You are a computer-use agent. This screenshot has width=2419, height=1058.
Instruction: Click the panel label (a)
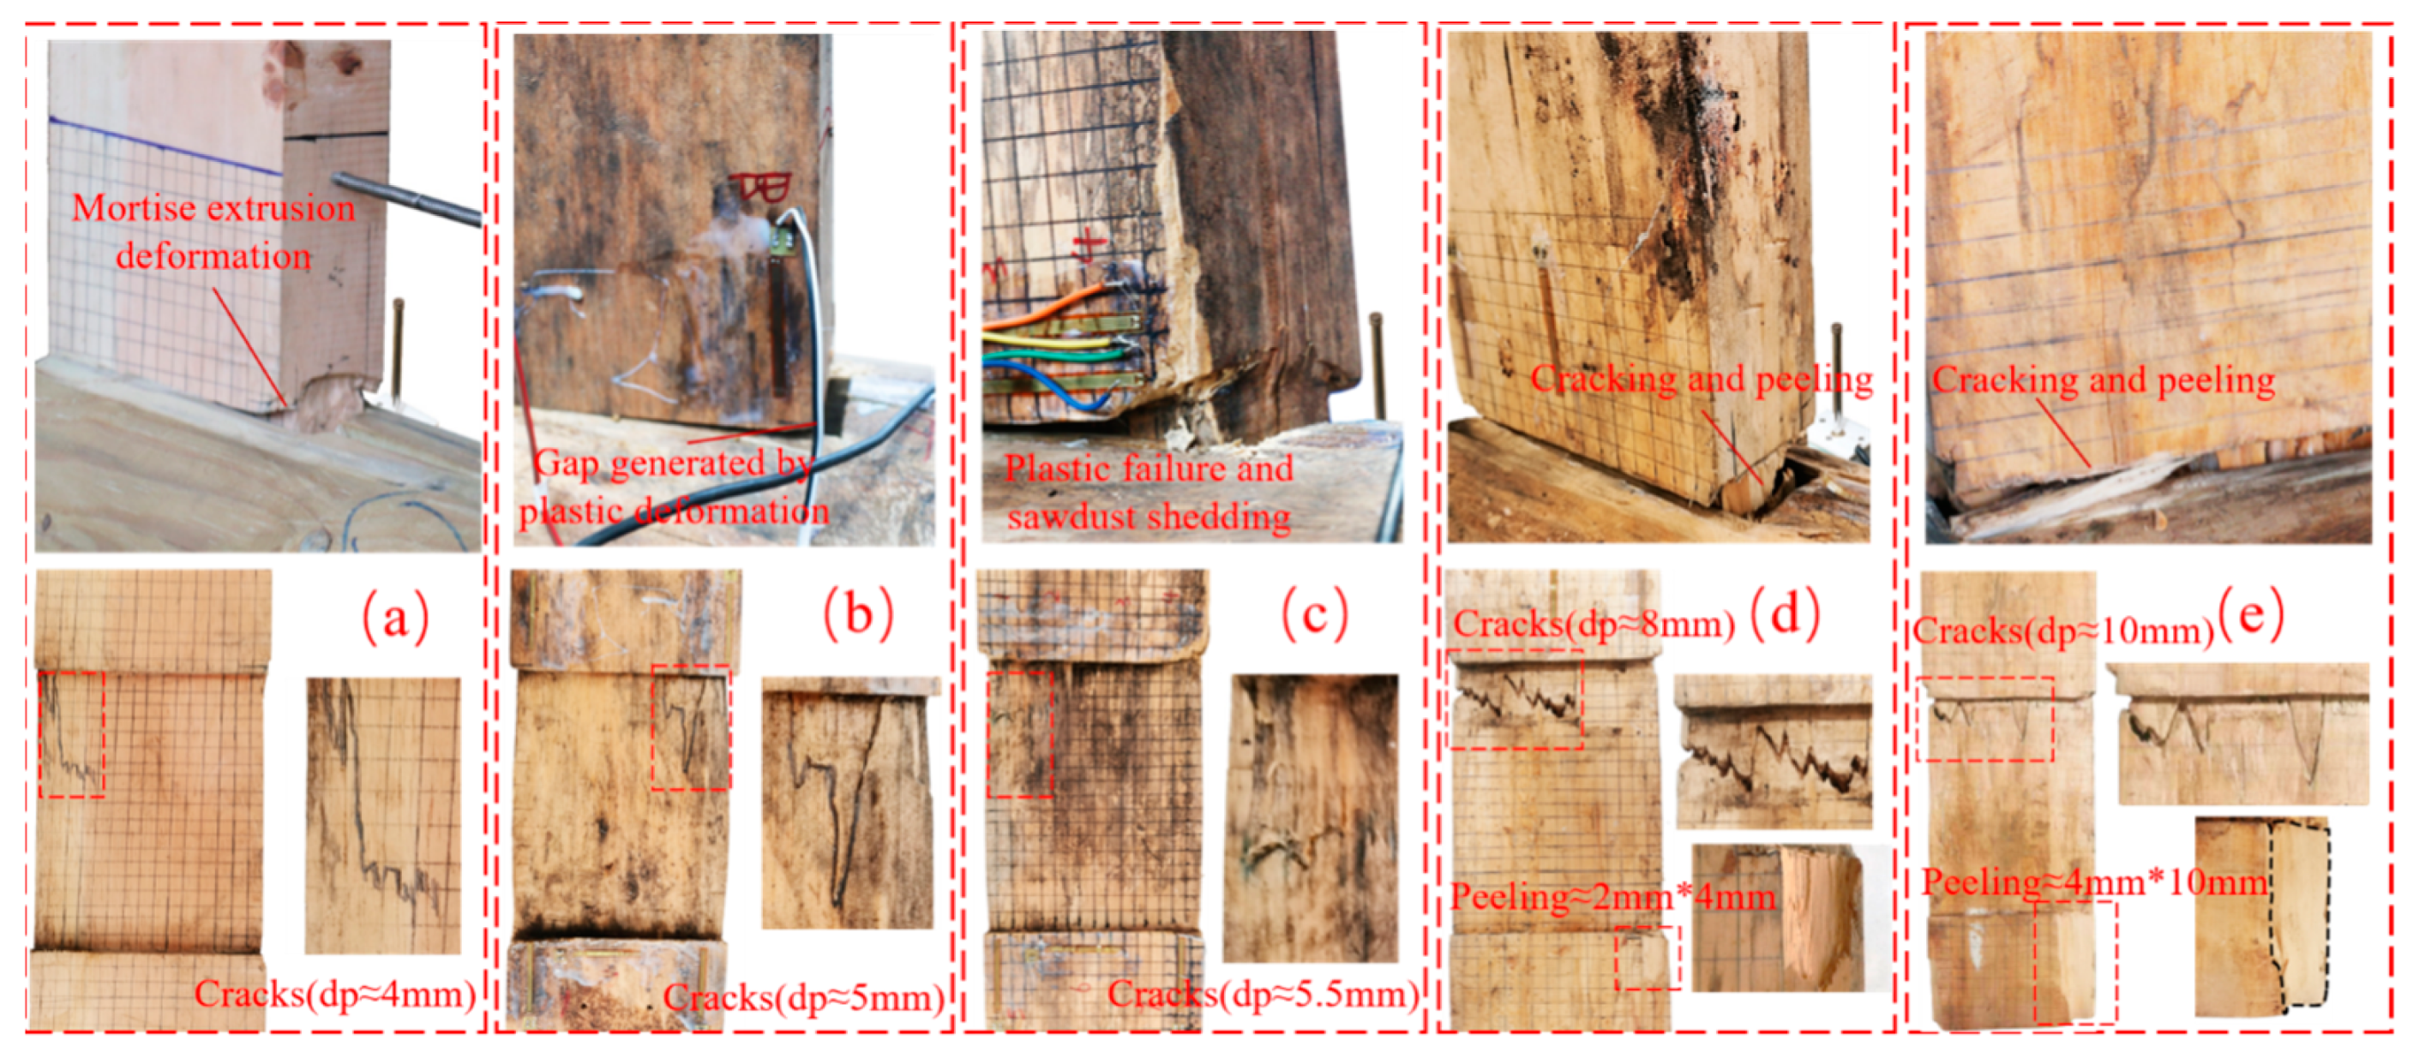tap(395, 617)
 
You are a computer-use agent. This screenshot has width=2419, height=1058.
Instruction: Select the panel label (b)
tap(857, 615)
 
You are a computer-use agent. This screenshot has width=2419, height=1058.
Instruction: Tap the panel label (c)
tap(1315, 615)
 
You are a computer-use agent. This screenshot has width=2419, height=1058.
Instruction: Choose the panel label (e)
tap(2251, 617)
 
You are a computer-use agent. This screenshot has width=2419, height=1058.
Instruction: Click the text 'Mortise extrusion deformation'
tap(214, 232)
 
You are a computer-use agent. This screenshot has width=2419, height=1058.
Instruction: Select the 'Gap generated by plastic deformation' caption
tap(672, 487)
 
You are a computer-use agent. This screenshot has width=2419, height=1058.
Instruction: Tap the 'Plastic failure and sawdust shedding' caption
tap(1149, 492)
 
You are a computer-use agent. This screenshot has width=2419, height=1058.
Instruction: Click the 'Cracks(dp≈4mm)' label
tap(335, 992)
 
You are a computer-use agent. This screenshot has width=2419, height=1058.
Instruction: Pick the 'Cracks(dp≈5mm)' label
tap(804, 996)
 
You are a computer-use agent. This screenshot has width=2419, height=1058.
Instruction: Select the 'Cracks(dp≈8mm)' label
tap(1594, 625)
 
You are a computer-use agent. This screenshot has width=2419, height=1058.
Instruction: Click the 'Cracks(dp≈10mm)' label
tap(2063, 631)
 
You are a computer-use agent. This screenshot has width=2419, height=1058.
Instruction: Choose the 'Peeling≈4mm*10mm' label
tap(2095, 882)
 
